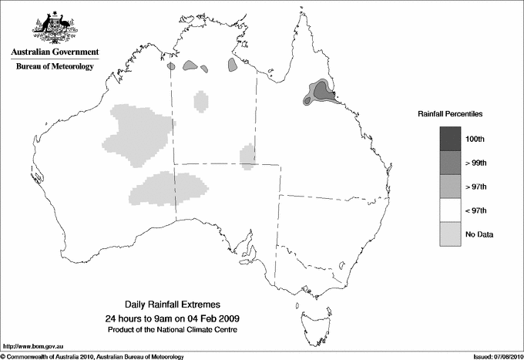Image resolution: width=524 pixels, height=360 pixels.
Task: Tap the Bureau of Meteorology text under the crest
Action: [x=55, y=67]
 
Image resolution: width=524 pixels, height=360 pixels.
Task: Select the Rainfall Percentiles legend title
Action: [x=450, y=113]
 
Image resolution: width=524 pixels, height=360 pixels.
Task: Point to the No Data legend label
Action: [x=479, y=234]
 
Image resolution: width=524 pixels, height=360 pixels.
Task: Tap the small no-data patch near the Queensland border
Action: [x=247, y=155]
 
